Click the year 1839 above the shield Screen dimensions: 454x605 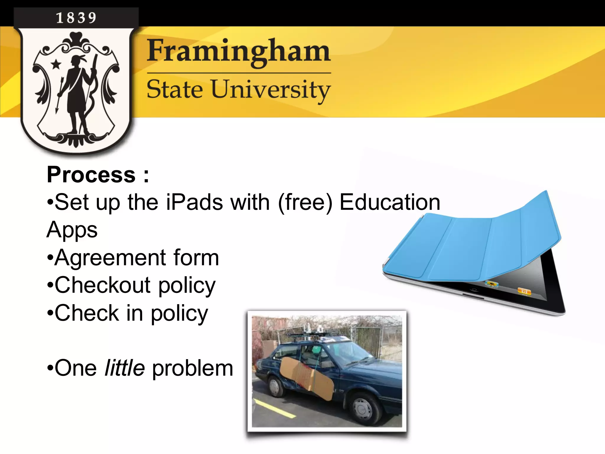coord(76,18)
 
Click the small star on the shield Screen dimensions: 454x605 coord(56,64)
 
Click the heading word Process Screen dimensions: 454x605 coord(91,175)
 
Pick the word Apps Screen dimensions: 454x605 coord(72,230)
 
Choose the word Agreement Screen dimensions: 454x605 coord(110,258)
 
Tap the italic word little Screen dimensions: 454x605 coord(125,368)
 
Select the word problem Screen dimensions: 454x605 coord(193,369)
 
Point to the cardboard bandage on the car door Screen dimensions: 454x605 coord(307,378)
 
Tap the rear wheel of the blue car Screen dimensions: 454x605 coord(274,386)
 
